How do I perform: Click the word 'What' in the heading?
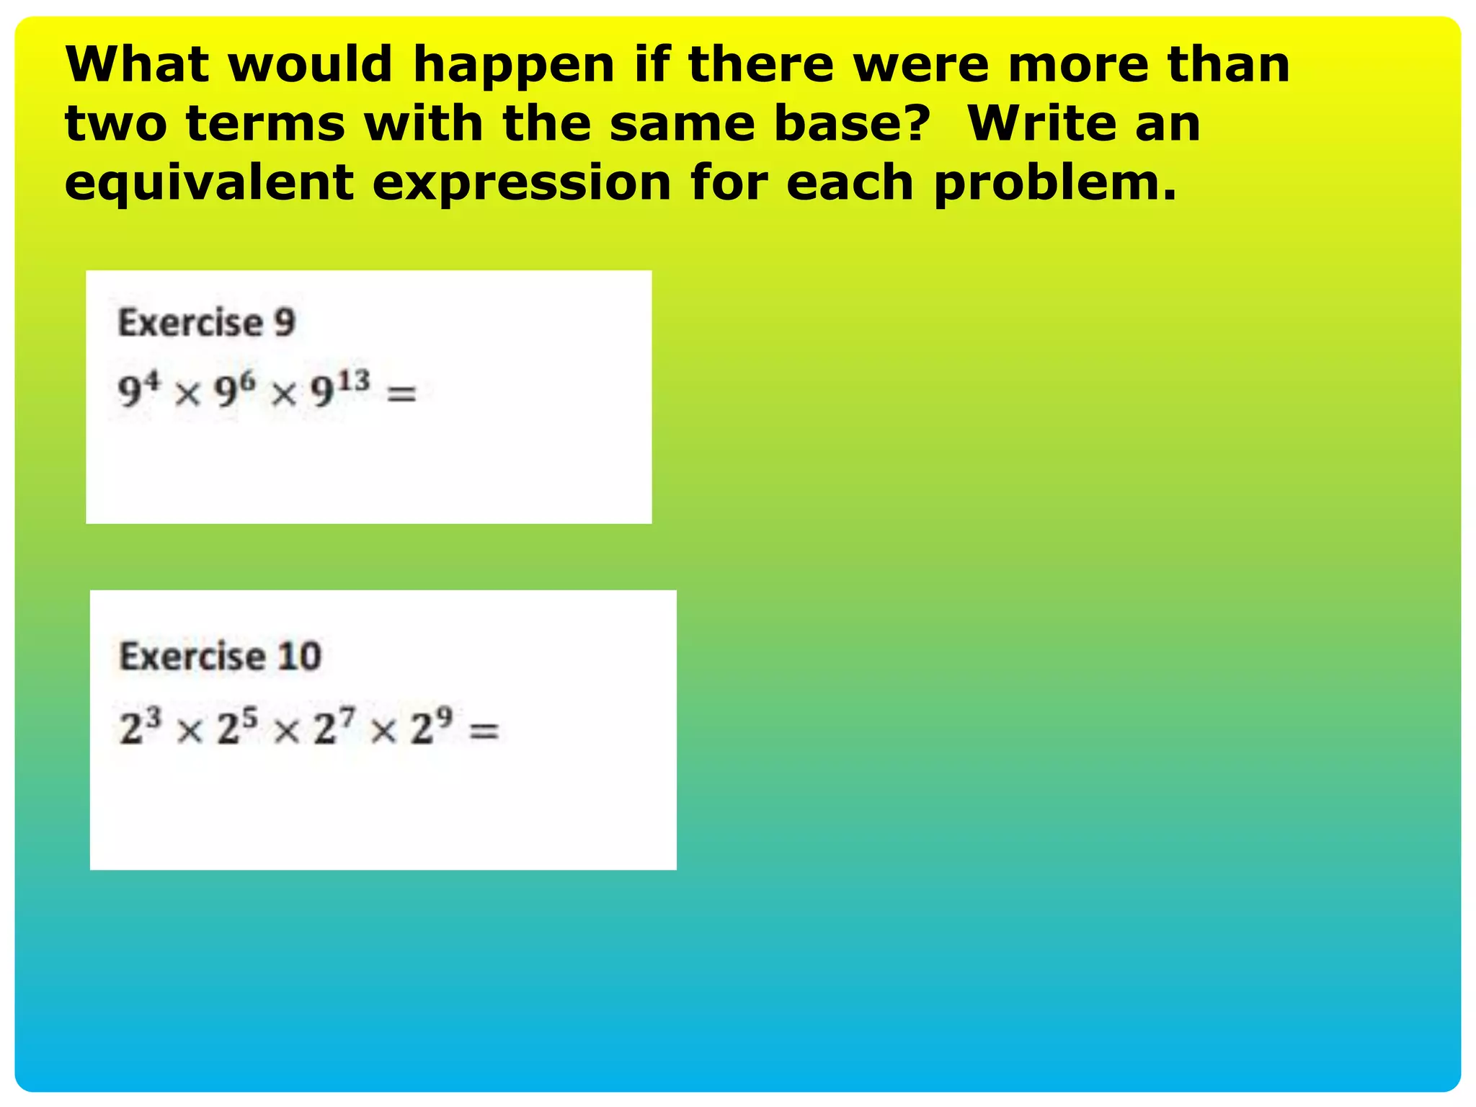(x=137, y=65)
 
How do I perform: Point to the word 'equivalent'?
(x=209, y=183)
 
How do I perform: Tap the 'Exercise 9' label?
(x=207, y=322)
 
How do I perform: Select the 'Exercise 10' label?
(x=220, y=656)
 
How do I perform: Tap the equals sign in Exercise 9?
(x=402, y=394)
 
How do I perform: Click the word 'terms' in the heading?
(x=265, y=124)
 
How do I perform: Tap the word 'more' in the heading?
(x=1077, y=65)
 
